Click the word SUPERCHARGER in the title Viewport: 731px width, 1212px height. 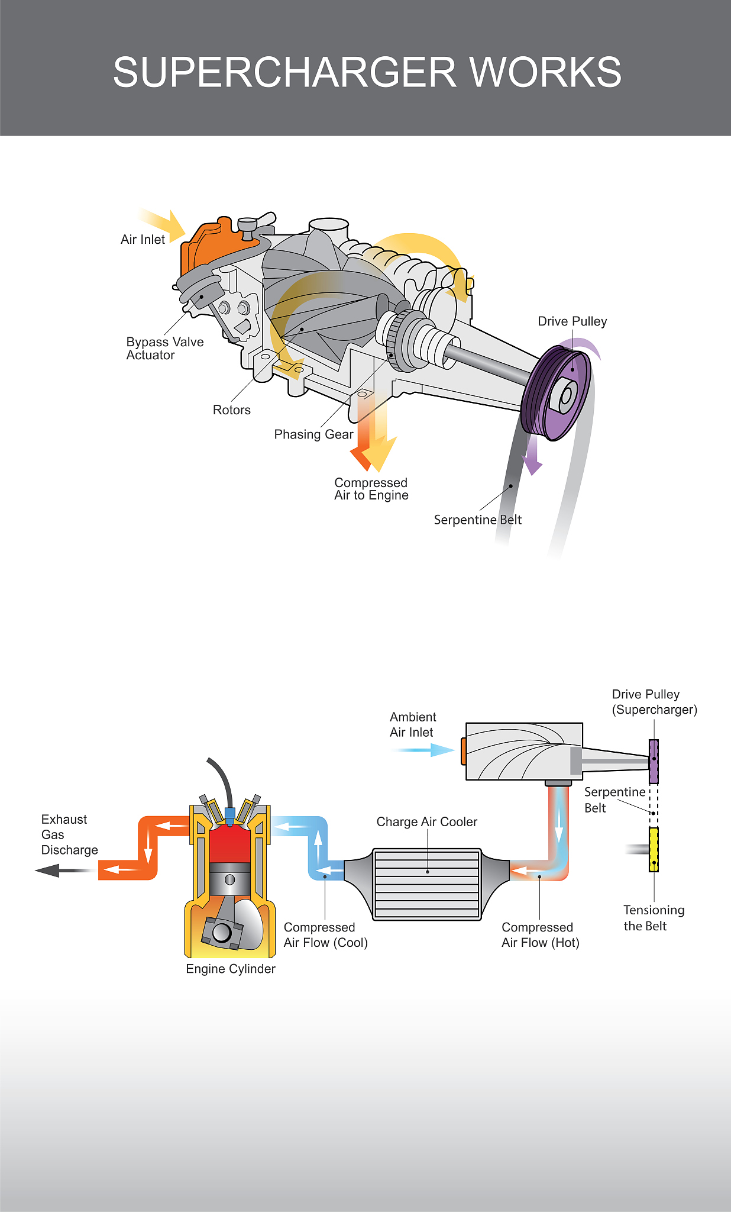284,72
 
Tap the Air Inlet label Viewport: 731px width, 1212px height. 143,240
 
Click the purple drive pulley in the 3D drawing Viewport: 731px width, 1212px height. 559,394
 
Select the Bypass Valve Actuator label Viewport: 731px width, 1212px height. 164,349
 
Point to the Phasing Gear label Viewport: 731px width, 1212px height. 313,434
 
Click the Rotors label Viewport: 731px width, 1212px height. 231,410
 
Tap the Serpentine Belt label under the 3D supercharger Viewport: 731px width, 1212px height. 477,520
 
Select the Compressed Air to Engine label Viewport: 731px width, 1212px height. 371,489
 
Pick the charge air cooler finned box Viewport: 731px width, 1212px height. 426,884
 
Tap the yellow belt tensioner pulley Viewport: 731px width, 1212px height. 654,850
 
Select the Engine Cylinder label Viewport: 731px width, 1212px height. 230,969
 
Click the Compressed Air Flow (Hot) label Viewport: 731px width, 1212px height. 540,935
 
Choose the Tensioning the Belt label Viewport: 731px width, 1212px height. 653,918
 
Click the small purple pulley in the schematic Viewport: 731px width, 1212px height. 654,761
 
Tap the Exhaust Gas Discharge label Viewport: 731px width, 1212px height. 69,834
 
